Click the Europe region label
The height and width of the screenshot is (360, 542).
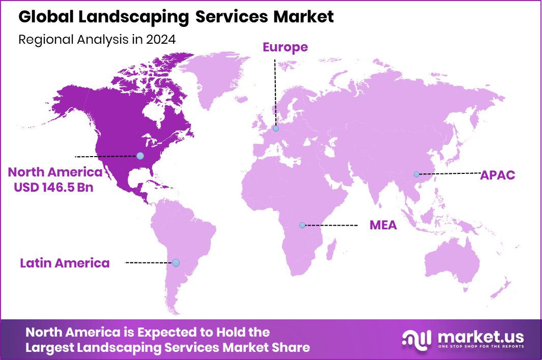point(285,47)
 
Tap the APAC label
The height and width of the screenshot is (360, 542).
point(498,175)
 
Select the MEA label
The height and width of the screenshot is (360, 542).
point(383,225)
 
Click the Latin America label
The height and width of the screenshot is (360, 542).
point(65,263)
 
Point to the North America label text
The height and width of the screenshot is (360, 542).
point(54,172)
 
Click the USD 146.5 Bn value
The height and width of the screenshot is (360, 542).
point(54,187)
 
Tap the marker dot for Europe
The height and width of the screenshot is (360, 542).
point(275,129)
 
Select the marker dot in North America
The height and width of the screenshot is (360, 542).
point(140,156)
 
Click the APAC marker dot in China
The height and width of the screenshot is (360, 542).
point(416,174)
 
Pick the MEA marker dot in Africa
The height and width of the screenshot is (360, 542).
point(302,225)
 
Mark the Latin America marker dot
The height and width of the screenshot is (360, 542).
point(176,263)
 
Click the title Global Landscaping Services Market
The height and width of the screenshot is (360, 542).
point(176,17)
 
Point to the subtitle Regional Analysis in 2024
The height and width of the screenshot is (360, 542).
point(97,40)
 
